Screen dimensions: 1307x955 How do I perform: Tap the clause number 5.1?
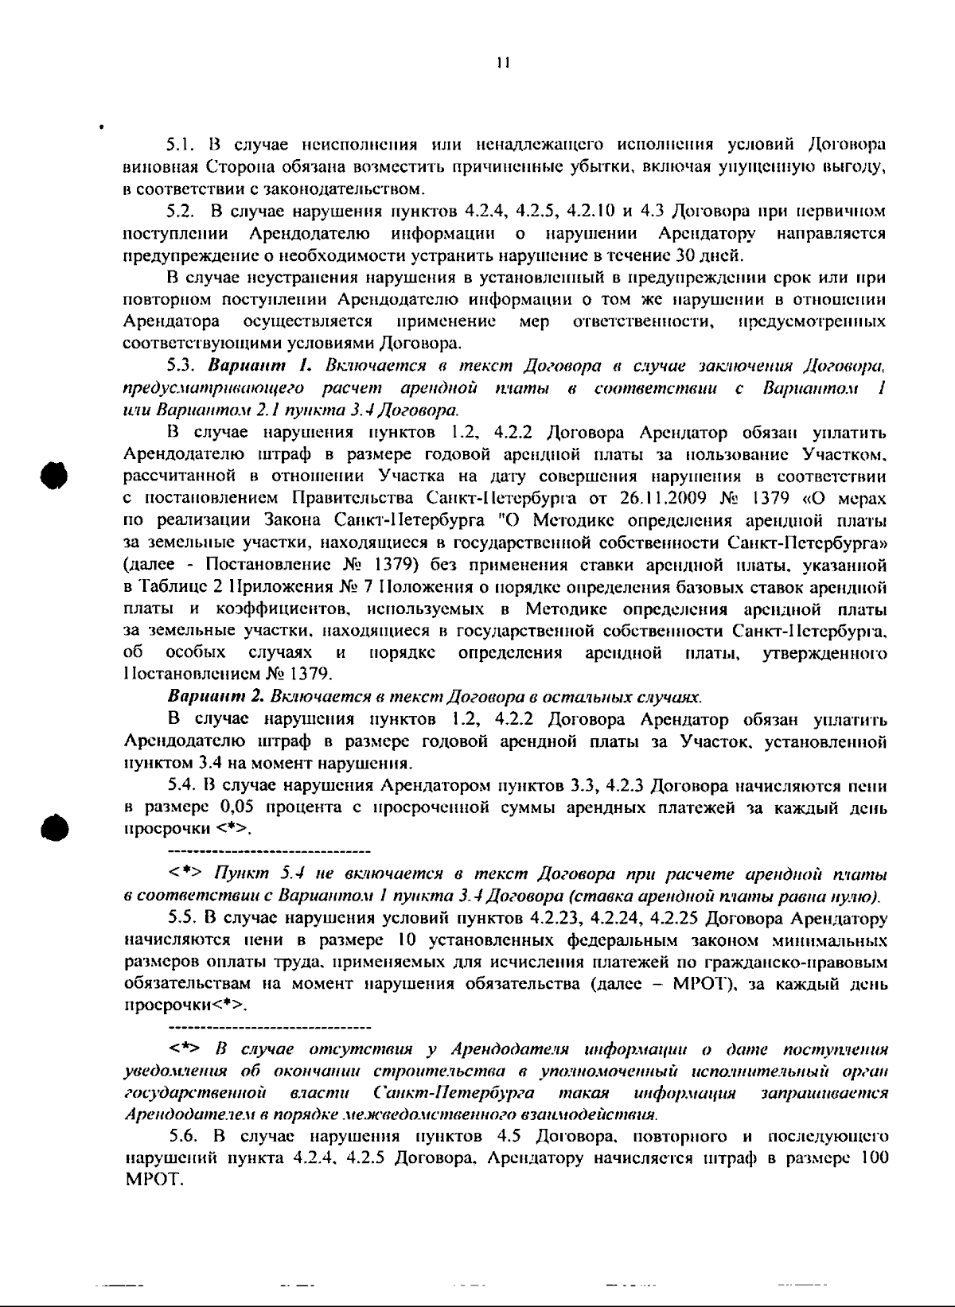181,146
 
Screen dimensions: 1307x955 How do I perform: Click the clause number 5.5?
181,919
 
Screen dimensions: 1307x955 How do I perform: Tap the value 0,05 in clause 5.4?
237,808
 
